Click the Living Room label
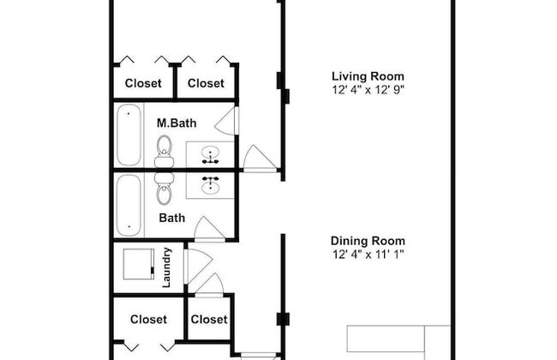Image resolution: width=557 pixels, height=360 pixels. coord(368,76)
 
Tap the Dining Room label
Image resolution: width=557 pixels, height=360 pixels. coord(368,241)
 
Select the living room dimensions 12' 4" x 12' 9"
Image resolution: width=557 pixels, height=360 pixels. coord(368,89)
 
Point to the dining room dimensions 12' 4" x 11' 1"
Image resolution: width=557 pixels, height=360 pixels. coord(368,254)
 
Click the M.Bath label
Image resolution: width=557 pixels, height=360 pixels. coord(177,123)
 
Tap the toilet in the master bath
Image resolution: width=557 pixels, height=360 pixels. coord(165,152)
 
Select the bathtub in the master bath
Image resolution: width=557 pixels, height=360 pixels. coord(129,135)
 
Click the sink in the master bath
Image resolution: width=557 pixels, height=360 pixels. coord(210,155)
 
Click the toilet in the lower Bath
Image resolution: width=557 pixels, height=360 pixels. coord(165,189)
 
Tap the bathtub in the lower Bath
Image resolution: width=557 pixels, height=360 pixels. coord(129,205)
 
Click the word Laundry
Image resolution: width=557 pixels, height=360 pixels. coord(166,267)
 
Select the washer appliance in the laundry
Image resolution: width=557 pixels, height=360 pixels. coord(139,264)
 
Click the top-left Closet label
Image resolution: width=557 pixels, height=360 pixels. coord(143,83)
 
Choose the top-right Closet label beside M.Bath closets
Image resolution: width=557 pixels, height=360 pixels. coord(206,83)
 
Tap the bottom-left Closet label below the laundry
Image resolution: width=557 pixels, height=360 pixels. coord(148,319)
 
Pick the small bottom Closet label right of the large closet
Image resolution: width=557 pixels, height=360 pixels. coord(209,319)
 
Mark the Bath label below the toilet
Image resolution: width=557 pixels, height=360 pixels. coord(172,218)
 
